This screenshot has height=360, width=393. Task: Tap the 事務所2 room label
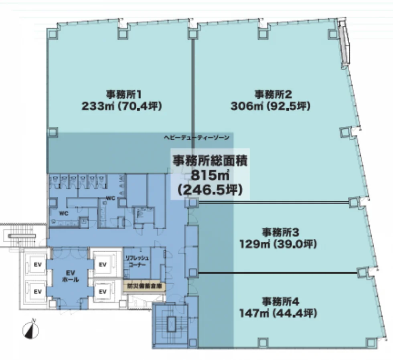(x=272, y=95)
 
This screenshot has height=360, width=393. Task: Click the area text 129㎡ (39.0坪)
(x=278, y=244)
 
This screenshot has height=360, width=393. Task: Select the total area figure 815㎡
(x=209, y=175)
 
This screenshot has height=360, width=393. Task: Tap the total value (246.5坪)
(x=210, y=190)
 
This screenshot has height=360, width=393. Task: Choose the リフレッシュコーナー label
(x=136, y=262)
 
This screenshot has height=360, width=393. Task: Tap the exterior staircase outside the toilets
(x=20, y=236)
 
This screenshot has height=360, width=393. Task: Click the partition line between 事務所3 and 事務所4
(x=278, y=273)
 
